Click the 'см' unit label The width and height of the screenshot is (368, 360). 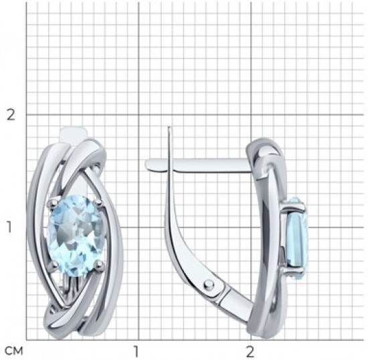pyautogui.click(x=14, y=351)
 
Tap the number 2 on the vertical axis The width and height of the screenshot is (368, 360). pyautogui.click(x=11, y=115)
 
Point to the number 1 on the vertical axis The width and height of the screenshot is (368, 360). pyautogui.click(x=9, y=227)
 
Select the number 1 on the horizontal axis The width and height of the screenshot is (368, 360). pyautogui.click(x=136, y=351)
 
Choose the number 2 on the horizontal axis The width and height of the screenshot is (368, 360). pyautogui.click(x=250, y=351)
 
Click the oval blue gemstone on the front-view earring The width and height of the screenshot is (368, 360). pyautogui.click(x=76, y=235)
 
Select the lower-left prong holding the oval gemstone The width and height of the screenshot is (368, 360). pyautogui.click(x=54, y=265)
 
